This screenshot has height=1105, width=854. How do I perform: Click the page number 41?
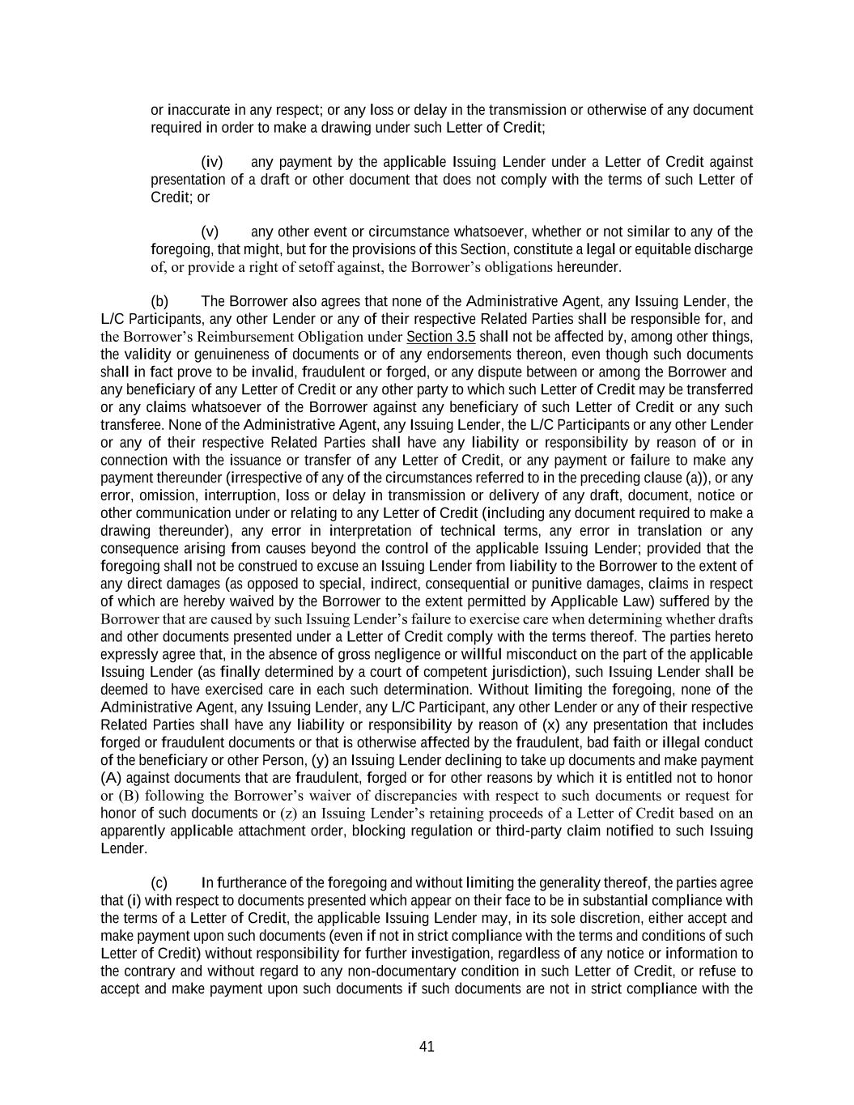click(x=427, y=1046)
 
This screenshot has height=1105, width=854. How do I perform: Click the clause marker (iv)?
click(x=211, y=162)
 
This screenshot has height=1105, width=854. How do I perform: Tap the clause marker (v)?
click(x=210, y=232)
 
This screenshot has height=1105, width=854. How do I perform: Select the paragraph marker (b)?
click(x=159, y=302)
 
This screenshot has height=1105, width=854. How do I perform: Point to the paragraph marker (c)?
click(x=159, y=882)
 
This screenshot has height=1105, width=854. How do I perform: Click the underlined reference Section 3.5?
click(x=440, y=337)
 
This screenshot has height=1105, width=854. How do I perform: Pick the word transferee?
click(x=128, y=425)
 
